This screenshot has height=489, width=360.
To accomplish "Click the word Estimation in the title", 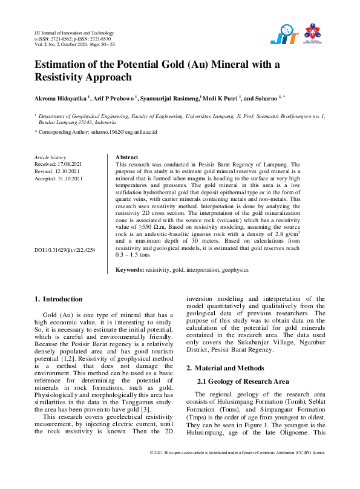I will coord(62,64).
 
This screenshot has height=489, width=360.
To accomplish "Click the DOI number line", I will coord(65,250).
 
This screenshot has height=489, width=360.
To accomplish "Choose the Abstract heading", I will coord(126,157).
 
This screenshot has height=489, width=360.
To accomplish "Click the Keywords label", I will coord(129,269).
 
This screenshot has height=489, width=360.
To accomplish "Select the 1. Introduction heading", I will coord(59,299).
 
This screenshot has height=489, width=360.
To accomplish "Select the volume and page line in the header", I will coord(74,44).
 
